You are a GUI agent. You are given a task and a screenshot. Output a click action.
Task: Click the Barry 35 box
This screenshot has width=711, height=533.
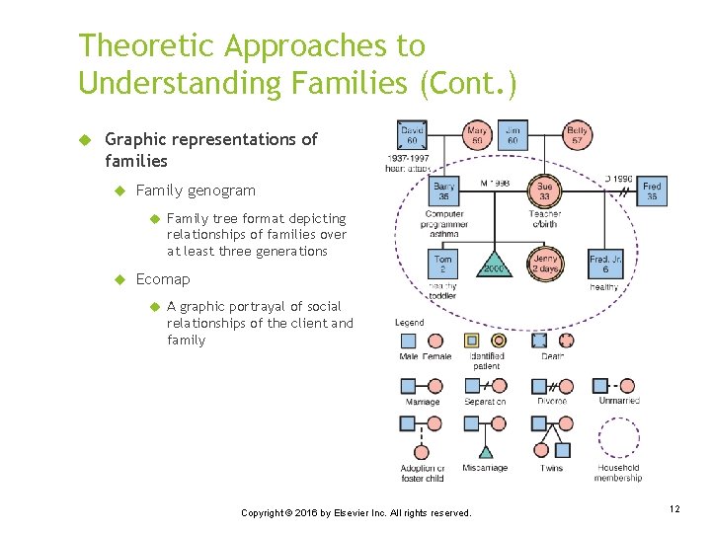coord(444,190)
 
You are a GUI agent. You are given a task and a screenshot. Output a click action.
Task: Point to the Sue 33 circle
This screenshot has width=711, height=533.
coord(544,190)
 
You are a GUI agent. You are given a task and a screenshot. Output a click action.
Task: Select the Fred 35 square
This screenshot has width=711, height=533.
coord(652,190)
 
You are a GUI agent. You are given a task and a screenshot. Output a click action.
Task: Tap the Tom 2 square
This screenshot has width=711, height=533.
coord(443,265)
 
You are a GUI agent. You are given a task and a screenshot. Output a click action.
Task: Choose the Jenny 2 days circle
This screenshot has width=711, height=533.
coord(545,265)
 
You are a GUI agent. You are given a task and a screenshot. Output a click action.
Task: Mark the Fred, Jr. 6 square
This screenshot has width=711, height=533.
coord(605,265)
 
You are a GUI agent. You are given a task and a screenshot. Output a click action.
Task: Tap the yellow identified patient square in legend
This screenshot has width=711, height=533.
coord(472,340)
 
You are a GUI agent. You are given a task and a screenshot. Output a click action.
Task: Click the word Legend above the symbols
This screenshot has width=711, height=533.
coord(409,322)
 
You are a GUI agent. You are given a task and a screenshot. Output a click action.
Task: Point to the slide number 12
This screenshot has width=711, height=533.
coord(674,509)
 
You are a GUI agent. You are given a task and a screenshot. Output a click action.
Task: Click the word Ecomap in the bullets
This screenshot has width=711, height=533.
coord(163,279)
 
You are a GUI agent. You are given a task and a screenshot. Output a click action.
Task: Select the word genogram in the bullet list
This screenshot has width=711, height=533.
coord(223,190)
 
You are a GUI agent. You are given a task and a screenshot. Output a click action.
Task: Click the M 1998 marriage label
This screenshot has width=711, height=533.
coord(497,184)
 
